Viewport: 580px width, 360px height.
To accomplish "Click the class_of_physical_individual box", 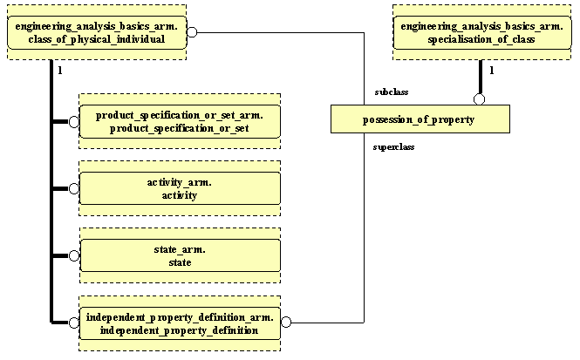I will (x=97, y=33).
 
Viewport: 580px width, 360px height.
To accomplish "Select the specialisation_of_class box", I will (x=481, y=33).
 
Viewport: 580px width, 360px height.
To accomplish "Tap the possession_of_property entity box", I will (x=420, y=119).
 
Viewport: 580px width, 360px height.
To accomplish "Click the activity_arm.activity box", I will (x=180, y=188).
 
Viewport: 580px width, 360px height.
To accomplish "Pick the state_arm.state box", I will (x=180, y=255).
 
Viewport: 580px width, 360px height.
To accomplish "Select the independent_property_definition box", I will (x=180, y=323).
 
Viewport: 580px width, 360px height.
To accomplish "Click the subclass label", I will (x=391, y=92).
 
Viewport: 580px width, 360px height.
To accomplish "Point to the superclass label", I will (x=393, y=147).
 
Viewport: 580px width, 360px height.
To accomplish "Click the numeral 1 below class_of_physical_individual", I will (x=59, y=70).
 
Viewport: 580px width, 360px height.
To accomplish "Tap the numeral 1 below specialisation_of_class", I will (x=492, y=70).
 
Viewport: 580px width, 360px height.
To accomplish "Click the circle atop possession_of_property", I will (x=479, y=98).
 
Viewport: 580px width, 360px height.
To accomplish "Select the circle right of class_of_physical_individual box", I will (x=193, y=33).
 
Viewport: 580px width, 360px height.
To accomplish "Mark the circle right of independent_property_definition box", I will (x=286, y=323).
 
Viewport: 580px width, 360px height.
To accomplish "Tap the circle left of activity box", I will (x=74, y=188).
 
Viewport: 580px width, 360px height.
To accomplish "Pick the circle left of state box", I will (x=74, y=255).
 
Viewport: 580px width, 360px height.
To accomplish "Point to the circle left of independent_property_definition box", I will (x=74, y=323).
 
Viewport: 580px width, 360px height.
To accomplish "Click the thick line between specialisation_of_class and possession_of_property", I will (x=479, y=77).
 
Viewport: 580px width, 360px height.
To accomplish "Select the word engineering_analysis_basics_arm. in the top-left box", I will (x=97, y=27).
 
